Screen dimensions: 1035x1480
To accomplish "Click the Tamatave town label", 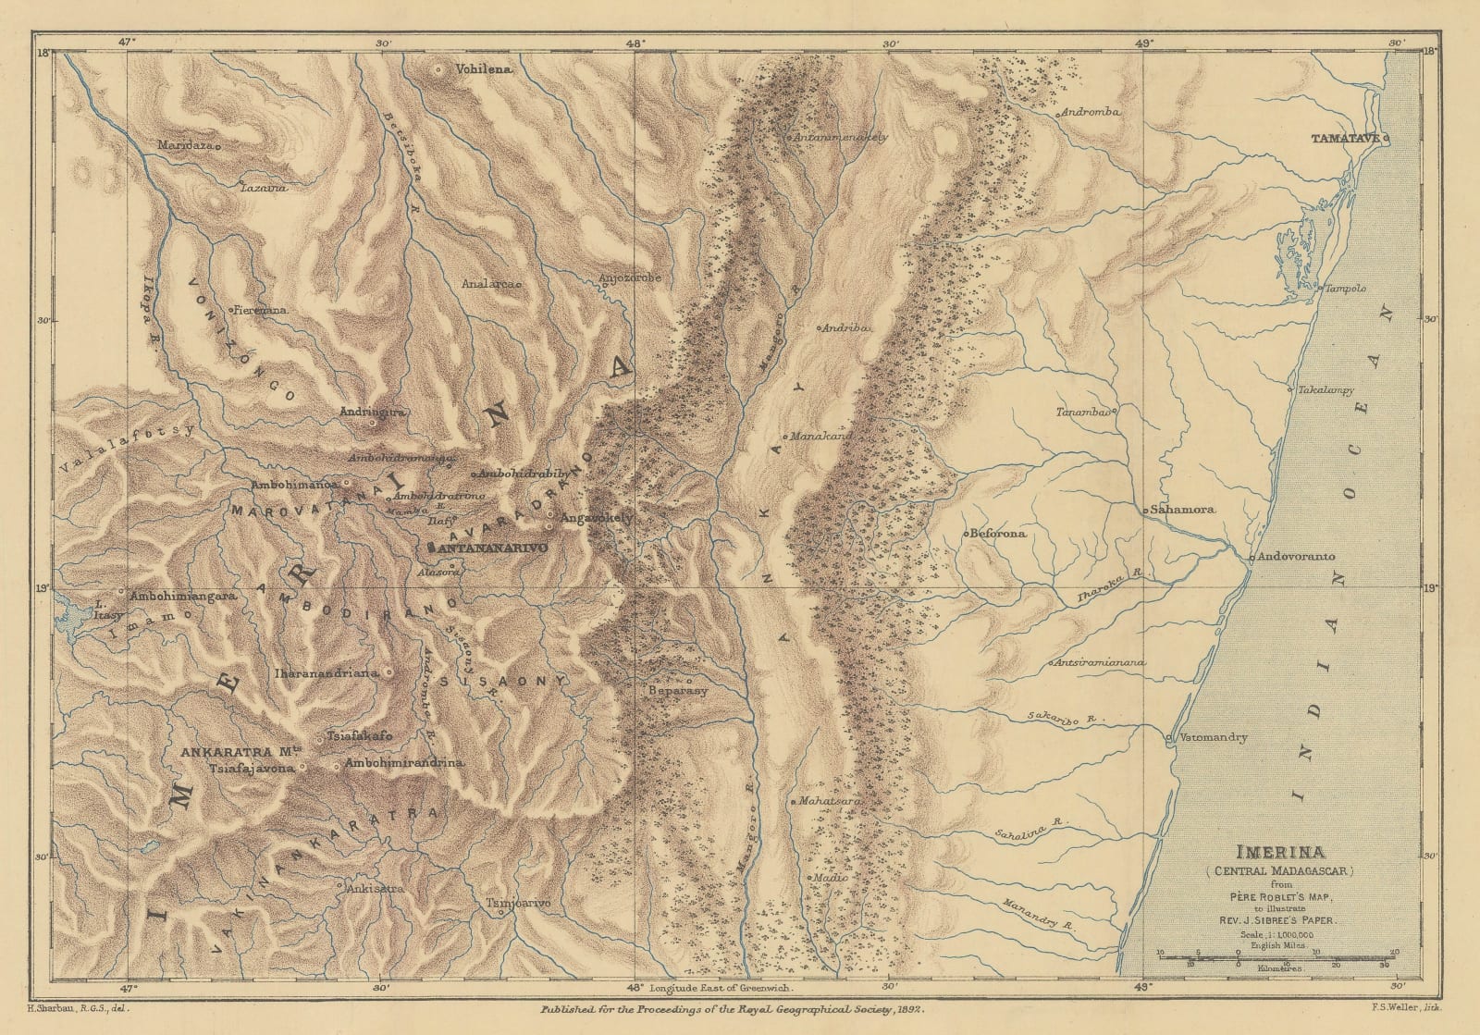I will pyautogui.click(x=1345, y=139).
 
